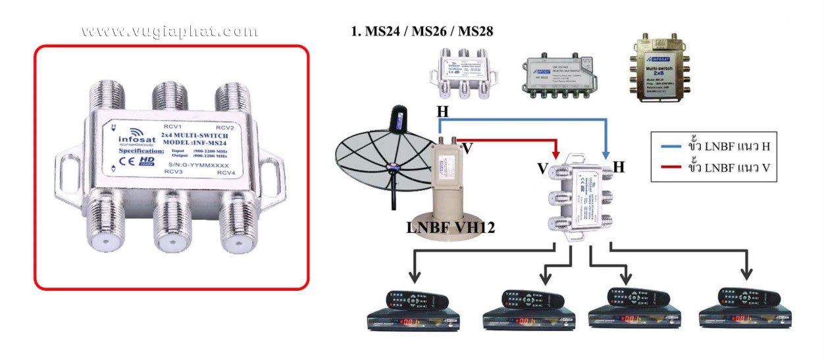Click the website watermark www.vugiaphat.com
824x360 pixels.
pos(169,32)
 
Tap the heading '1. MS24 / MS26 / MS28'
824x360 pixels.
pos(423,31)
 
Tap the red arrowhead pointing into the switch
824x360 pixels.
pos(556,155)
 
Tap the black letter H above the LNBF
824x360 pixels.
pos(443,112)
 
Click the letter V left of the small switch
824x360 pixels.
pos(542,170)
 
